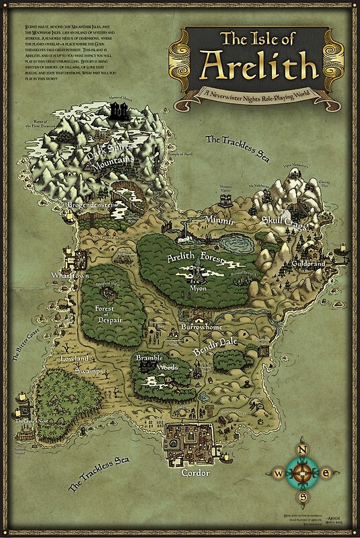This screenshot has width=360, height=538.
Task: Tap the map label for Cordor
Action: [x=195, y=473]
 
